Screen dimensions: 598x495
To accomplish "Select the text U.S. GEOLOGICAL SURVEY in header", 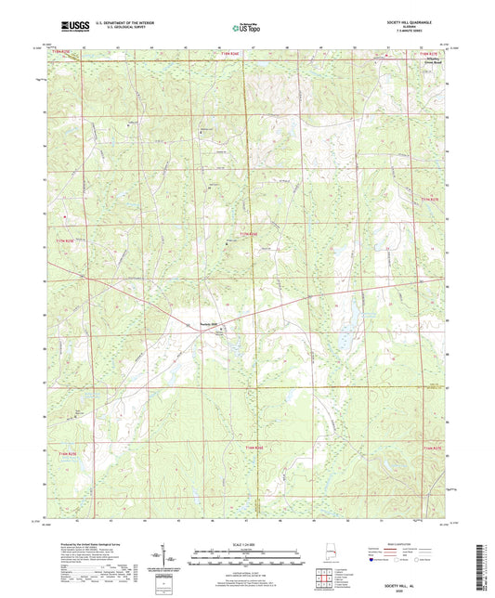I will [x=118, y=27].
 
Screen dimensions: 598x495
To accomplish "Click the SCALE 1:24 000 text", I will [x=247, y=541].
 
